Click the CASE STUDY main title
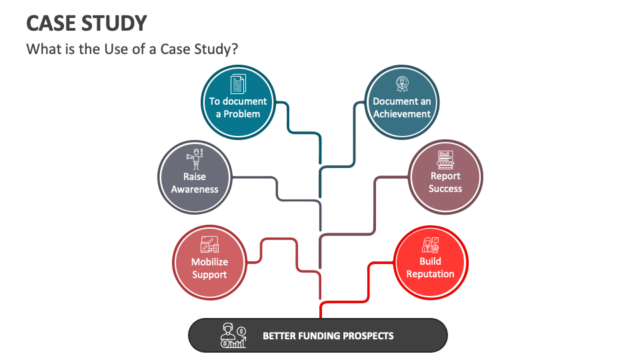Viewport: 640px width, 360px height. coord(87,23)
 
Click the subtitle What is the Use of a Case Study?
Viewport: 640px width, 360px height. coord(132,49)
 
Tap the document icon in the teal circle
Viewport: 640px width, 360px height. coord(237,84)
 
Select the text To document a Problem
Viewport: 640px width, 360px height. coord(237,107)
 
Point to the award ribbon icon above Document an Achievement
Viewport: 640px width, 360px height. coord(402,84)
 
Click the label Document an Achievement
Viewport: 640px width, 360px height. coord(402,107)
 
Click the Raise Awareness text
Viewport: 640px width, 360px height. coord(195,183)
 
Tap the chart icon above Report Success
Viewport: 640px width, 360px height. coord(445,159)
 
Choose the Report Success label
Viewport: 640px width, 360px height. coord(445,182)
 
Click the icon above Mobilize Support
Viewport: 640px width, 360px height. coord(209,244)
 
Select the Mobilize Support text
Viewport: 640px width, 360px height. coord(209,268)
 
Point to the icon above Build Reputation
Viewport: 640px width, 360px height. coord(430,243)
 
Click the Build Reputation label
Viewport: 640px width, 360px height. coord(430,267)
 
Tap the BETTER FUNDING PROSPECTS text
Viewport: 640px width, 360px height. coord(328,335)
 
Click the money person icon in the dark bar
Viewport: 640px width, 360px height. coord(233,335)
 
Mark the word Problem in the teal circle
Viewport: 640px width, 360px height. coord(242,113)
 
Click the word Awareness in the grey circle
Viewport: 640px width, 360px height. coord(195,189)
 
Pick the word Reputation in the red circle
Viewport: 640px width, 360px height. coord(430,274)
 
